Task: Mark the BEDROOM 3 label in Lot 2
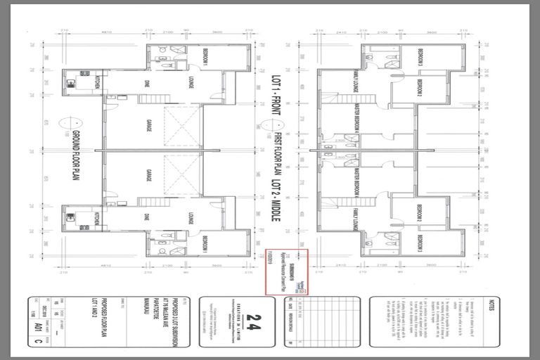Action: click(x=420, y=243)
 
